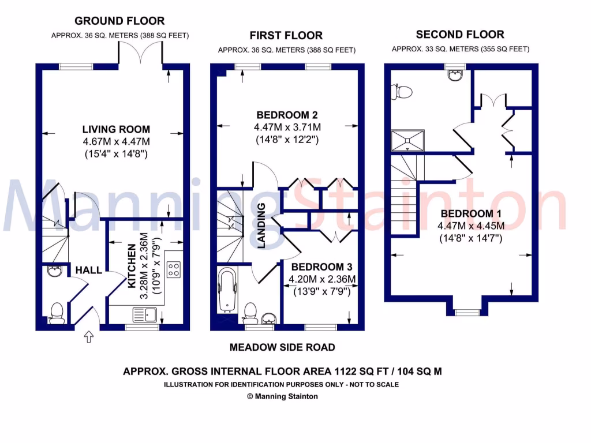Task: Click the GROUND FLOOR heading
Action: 119,21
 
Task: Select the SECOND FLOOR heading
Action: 460,35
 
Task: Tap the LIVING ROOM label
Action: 116,129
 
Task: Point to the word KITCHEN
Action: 131,266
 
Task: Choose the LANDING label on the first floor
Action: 261,226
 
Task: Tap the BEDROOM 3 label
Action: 321,267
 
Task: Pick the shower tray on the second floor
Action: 407,140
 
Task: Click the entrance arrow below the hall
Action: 89,337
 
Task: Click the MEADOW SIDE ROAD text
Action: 282,347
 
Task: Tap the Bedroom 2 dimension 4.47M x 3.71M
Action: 287,127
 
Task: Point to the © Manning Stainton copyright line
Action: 282,396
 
